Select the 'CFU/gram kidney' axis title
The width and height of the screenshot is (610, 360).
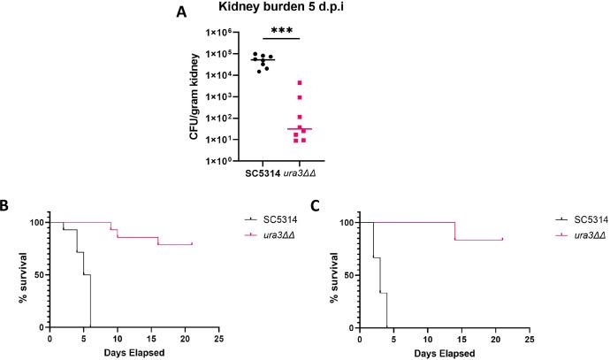(x=179, y=96)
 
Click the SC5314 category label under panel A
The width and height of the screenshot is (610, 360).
(x=263, y=172)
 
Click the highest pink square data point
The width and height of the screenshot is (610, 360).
(x=300, y=83)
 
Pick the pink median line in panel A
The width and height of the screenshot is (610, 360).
(x=300, y=129)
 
